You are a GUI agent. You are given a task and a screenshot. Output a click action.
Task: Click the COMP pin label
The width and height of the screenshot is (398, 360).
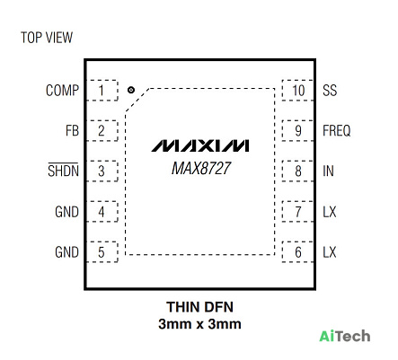(x=62, y=91)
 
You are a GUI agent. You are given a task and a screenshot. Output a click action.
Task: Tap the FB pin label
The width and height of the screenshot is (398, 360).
(x=72, y=131)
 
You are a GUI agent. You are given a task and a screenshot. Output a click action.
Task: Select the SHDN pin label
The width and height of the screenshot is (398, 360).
(x=63, y=171)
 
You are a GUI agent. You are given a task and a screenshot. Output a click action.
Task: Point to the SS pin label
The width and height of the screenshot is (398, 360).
(x=330, y=91)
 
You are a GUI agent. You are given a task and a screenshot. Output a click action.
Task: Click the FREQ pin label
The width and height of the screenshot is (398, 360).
(x=337, y=131)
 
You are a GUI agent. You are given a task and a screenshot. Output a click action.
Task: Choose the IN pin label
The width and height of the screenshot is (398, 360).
(x=328, y=171)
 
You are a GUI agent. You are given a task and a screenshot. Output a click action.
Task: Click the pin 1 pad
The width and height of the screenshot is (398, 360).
(x=102, y=91)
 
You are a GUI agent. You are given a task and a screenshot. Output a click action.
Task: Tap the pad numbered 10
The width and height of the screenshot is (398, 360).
(x=297, y=91)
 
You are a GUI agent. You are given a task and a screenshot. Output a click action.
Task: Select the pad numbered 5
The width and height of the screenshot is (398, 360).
(x=102, y=252)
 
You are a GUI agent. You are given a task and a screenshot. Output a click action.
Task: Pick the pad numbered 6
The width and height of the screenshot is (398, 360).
(x=297, y=252)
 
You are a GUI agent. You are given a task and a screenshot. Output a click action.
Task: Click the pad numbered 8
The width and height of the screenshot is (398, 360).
(x=297, y=171)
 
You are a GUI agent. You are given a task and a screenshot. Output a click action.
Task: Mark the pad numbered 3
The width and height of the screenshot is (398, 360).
(x=102, y=171)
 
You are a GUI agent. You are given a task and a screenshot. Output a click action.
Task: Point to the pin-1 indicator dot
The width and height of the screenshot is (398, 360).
(x=131, y=90)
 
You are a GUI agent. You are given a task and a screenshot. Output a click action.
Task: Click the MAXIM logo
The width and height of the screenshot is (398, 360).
(x=200, y=145)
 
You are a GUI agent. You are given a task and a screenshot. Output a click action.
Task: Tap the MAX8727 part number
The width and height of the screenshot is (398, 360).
(x=201, y=168)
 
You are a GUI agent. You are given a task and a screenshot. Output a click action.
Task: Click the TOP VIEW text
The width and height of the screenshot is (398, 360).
(x=47, y=38)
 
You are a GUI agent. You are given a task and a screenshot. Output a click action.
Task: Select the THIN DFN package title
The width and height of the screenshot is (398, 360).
(x=199, y=307)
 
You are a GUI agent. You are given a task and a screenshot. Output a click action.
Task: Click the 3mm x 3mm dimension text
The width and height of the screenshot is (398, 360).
(x=199, y=324)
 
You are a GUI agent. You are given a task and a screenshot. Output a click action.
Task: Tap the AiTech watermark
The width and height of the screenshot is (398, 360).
(x=345, y=336)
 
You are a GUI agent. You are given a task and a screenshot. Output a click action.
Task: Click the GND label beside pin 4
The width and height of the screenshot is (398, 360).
(x=66, y=212)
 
